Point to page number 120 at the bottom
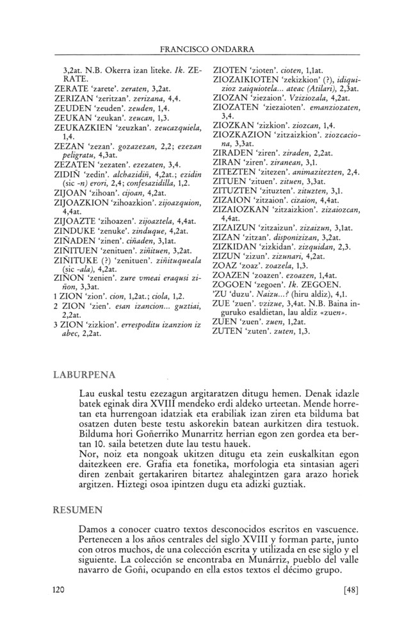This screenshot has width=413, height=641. pos(60,606)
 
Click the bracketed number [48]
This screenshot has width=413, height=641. pos(351,606)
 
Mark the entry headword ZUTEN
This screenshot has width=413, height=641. pos(230,349)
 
